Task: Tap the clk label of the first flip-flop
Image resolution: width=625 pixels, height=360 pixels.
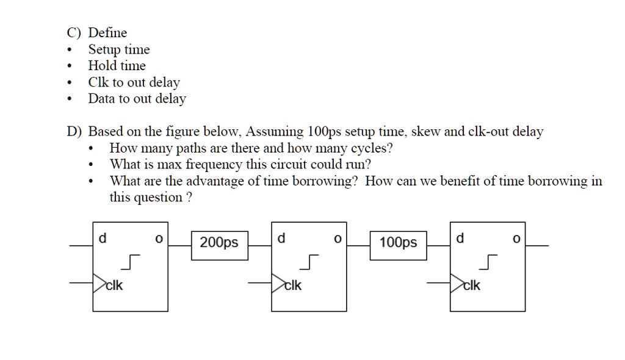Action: tap(115, 285)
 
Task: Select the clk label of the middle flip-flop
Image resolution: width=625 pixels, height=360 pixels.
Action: tap(294, 285)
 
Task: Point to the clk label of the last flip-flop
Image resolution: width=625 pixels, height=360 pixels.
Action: tap(472, 285)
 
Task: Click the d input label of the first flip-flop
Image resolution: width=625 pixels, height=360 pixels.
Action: tap(103, 239)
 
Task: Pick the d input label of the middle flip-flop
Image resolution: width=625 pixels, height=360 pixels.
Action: tap(281, 239)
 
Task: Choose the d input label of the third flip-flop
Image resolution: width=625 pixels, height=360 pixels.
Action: tap(460, 239)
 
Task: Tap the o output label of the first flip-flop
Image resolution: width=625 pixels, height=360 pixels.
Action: tap(158, 240)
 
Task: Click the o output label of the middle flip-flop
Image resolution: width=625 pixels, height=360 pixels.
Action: tap(337, 240)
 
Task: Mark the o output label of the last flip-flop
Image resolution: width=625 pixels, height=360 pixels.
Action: tap(516, 240)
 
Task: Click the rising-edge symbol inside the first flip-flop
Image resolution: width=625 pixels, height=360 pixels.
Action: tap(131, 261)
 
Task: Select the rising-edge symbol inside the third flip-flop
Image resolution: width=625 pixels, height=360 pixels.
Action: tap(488, 261)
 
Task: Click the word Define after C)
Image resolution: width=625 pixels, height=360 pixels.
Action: tap(107, 33)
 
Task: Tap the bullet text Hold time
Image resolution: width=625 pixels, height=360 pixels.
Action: tap(117, 66)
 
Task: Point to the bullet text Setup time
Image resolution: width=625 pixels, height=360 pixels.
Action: tap(119, 50)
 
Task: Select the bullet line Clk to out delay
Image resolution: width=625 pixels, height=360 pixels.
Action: tap(134, 82)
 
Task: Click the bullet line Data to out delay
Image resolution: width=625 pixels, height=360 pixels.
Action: tap(137, 99)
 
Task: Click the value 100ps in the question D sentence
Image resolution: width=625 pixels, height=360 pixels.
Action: tap(325, 132)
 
